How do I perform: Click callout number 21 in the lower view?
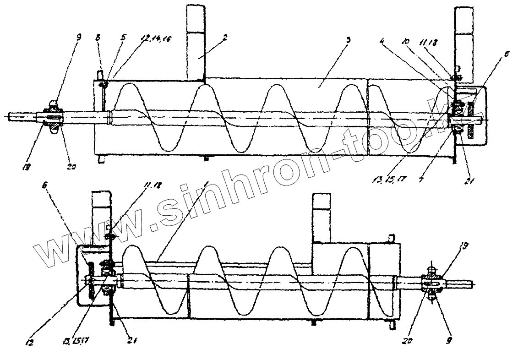[x=132, y=341]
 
